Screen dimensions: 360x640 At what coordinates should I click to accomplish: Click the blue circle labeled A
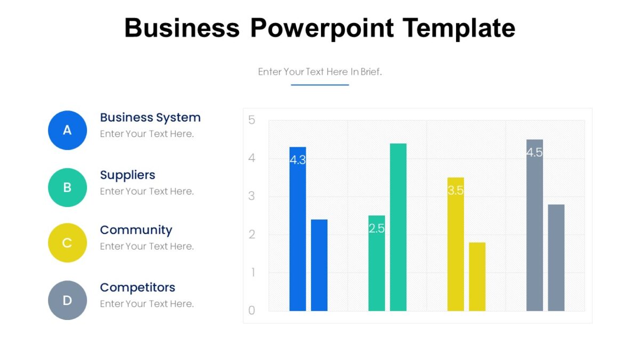tap(67, 130)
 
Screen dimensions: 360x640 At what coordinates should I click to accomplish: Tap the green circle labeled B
tap(67, 188)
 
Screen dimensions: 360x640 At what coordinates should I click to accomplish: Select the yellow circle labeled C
tap(67, 243)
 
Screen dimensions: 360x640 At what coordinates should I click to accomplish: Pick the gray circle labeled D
tap(67, 300)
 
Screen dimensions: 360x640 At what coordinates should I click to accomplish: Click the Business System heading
tap(150, 117)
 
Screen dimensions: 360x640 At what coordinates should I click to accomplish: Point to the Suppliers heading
tap(127, 175)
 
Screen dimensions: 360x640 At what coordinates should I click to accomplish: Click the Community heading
tap(136, 230)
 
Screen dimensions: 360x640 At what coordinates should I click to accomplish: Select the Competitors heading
tap(138, 287)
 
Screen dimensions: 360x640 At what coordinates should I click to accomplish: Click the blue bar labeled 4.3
tap(298, 229)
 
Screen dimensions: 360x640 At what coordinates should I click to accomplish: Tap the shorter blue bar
tap(319, 265)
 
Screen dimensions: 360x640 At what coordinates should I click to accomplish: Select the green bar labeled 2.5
tap(377, 263)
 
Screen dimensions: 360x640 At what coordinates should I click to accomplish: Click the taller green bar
tap(398, 227)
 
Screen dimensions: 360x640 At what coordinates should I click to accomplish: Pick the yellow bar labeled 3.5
tap(455, 244)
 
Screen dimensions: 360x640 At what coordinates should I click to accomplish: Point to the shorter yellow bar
tap(477, 277)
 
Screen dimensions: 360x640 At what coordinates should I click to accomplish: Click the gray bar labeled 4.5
tap(534, 225)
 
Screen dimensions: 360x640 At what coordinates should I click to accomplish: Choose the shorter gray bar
tap(556, 258)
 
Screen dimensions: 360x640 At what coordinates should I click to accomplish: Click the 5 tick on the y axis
tap(252, 120)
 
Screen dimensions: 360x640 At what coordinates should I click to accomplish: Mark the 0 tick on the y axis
tap(252, 310)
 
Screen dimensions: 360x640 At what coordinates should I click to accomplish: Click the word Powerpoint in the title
tap(322, 28)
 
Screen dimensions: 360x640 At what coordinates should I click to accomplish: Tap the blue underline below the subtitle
tap(320, 85)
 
